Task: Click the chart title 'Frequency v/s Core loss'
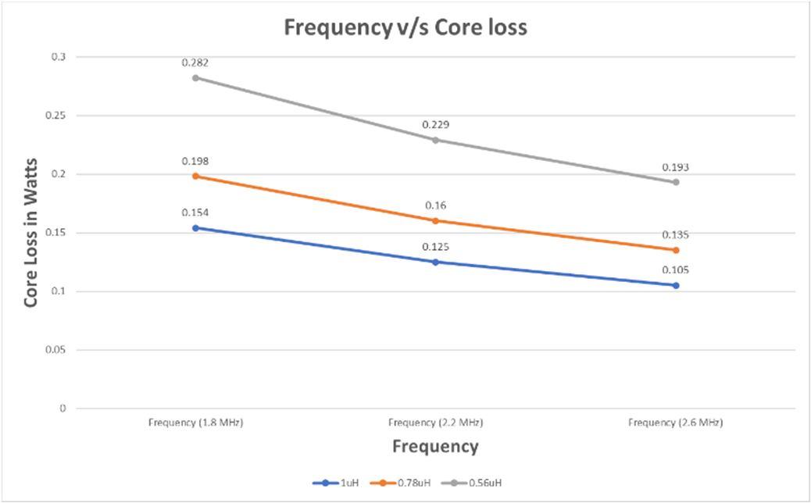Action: tap(405, 27)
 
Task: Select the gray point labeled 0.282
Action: tap(195, 77)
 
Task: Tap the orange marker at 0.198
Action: tap(195, 176)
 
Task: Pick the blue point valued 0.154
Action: tap(195, 227)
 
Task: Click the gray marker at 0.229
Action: tap(435, 140)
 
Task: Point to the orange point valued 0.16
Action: tap(435, 220)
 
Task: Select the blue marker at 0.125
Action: tap(435, 262)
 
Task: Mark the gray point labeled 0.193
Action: tap(676, 182)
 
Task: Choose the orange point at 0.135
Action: tap(676, 250)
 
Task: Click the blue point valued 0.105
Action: tap(676, 285)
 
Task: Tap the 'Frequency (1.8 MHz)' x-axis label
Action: tap(195, 423)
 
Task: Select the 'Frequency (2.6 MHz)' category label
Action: tap(676, 423)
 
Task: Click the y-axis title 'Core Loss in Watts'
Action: tap(31, 233)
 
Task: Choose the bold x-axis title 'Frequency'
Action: tap(435, 447)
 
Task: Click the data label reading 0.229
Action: tap(435, 125)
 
